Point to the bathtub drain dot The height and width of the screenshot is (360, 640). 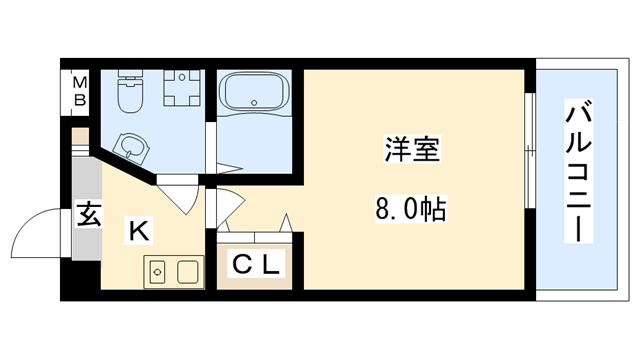coord(259,101)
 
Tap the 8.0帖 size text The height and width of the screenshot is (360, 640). coord(410,211)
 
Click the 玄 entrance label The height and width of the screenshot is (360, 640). coord(87,214)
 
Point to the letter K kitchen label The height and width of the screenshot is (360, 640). coord(138,232)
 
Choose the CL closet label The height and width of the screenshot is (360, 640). coord(257,265)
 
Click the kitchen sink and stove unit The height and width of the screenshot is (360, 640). coord(173,271)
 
